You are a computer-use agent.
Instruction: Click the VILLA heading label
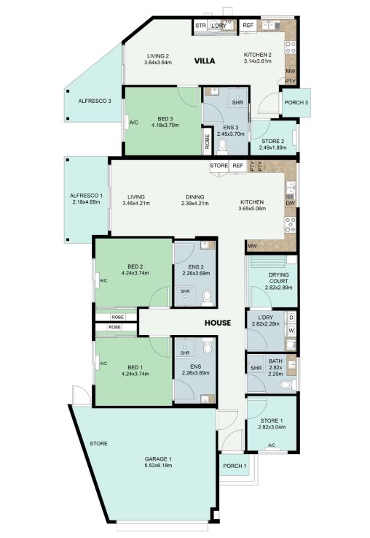(x=205, y=61)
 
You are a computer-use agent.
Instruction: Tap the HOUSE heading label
(x=218, y=323)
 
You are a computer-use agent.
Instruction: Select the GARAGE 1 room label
(x=158, y=459)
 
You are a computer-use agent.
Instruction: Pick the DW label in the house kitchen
(x=291, y=204)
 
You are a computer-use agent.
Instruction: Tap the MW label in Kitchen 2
(x=291, y=72)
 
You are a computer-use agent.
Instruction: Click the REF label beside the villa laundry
(x=248, y=26)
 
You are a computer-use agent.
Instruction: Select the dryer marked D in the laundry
(x=291, y=318)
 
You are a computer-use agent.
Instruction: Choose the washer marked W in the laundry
(x=291, y=331)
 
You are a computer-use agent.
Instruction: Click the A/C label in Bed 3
(x=134, y=123)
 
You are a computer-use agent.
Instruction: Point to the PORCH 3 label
(x=296, y=103)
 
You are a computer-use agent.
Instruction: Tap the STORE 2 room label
(x=273, y=142)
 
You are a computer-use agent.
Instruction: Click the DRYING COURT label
(x=279, y=278)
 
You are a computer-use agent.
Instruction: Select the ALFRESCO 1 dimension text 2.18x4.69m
(x=86, y=202)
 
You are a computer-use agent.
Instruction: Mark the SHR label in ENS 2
(x=185, y=291)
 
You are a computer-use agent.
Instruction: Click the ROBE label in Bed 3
(x=207, y=141)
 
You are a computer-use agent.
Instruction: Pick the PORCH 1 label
(x=235, y=466)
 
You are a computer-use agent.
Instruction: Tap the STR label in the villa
(x=200, y=26)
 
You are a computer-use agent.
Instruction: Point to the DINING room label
(x=195, y=197)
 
